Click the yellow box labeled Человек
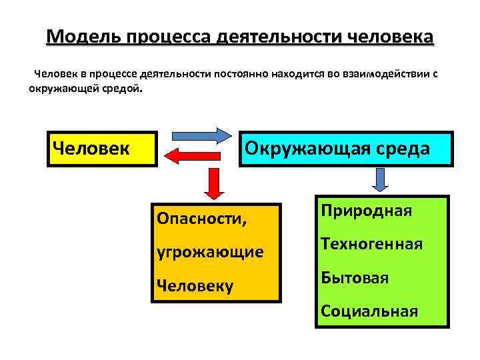click(x=100, y=148)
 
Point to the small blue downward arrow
click(x=380, y=179)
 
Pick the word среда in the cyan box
click(x=400, y=148)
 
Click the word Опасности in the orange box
click(x=195, y=218)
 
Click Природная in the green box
click(x=366, y=211)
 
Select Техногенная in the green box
click(x=371, y=244)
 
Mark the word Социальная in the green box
click(x=369, y=311)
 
